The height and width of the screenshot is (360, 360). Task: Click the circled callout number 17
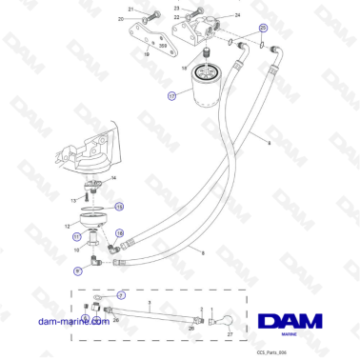(x=171, y=96)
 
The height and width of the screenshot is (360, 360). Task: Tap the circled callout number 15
(x=118, y=205)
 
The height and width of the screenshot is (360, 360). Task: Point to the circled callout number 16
(x=120, y=232)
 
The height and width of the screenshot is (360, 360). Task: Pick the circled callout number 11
(x=77, y=236)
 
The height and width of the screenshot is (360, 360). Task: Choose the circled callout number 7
(x=121, y=296)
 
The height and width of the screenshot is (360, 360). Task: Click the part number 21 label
(x=130, y=9)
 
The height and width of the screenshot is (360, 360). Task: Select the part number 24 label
(x=237, y=16)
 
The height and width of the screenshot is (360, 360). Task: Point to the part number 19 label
(x=148, y=54)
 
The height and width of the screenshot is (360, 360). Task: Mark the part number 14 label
(x=114, y=178)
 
